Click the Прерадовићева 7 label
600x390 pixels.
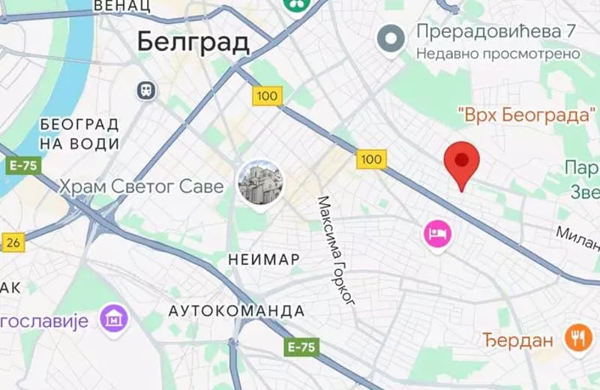tap(496, 33)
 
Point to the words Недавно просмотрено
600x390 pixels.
tap(498, 54)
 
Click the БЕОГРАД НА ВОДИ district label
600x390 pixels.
tap(79, 133)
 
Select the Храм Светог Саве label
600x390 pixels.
tap(142, 185)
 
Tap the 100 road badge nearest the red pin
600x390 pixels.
tap(371, 159)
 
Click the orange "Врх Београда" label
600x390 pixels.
tap(526, 116)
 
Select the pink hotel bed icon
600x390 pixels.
tap(436, 234)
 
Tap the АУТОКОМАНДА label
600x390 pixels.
tap(236, 310)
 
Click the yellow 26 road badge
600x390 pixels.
tap(13, 242)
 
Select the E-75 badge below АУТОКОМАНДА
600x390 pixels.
tap(302, 347)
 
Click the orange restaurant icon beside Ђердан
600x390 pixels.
tap(577, 339)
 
